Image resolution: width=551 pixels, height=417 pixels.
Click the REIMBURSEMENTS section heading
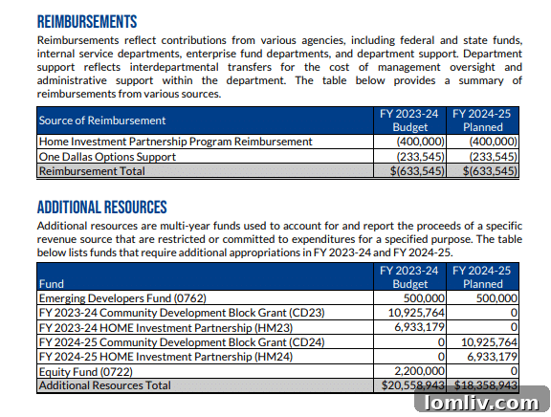pyautogui.click(x=87, y=21)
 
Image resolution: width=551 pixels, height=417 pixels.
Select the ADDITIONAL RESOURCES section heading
pyautogui.click(x=101, y=208)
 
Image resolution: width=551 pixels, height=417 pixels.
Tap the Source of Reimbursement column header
pyautogui.click(x=101, y=121)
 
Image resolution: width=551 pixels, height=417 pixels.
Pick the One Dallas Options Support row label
pyautogui.click(x=107, y=156)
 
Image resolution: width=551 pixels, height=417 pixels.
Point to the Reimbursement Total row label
pyautogui.click(x=92, y=170)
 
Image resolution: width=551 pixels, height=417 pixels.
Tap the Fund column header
pyautogui.click(x=52, y=284)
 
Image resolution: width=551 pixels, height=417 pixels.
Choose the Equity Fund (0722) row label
pyautogui.click(x=85, y=370)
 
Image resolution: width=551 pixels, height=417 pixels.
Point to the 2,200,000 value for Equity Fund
pyautogui.click(x=416, y=370)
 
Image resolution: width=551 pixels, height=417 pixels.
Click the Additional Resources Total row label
pyautogui.click(x=104, y=384)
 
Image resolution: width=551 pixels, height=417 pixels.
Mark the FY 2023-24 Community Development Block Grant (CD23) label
pyautogui.click(x=182, y=313)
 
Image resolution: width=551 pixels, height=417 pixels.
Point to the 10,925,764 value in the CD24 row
pyautogui.click(x=487, y=341)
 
